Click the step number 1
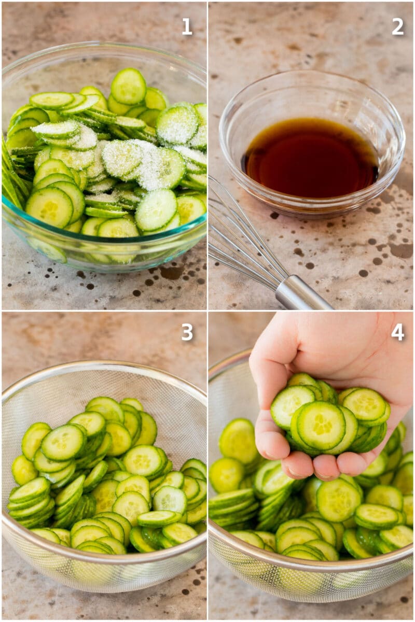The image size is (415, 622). pos(187,26)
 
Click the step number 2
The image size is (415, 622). pos(397,26)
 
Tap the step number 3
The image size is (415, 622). pos(187,332)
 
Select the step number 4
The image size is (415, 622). pos(397,332)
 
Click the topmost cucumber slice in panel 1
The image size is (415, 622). pos(128,86)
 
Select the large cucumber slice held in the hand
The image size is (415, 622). pos(321,426)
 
